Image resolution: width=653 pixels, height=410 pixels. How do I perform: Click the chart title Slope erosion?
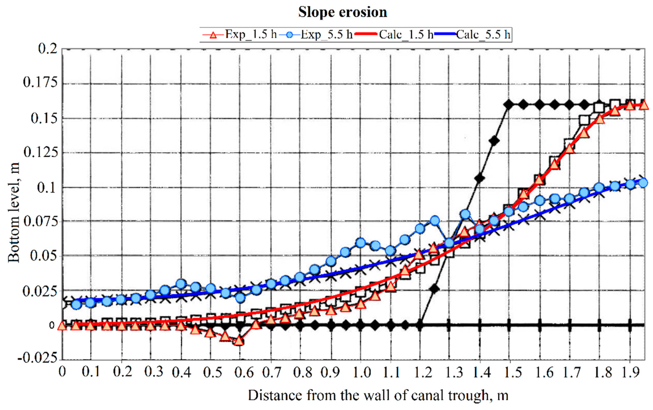tap(343, 12)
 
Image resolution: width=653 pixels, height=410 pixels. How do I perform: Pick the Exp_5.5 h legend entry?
tap(316, 35)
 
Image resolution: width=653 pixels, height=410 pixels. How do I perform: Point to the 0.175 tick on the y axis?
tap(40, 82)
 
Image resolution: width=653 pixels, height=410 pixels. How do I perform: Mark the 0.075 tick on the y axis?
tap(40, 222)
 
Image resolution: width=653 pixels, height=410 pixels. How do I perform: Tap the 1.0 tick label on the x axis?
tap(361, 372)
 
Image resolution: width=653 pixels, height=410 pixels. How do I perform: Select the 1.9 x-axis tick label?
tap(630, 372)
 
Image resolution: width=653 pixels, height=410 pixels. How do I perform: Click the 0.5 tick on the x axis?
tap(211, 372)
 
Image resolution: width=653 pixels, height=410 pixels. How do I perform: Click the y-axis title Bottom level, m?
tap(14, 213)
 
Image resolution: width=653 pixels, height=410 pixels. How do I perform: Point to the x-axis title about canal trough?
tap(378, 396)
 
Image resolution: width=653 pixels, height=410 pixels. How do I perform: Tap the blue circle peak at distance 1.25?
tap(435, 221)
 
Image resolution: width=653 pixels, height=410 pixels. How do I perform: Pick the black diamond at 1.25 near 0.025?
tap(434, 289)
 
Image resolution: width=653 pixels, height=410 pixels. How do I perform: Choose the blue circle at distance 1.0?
tap(360, 243)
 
